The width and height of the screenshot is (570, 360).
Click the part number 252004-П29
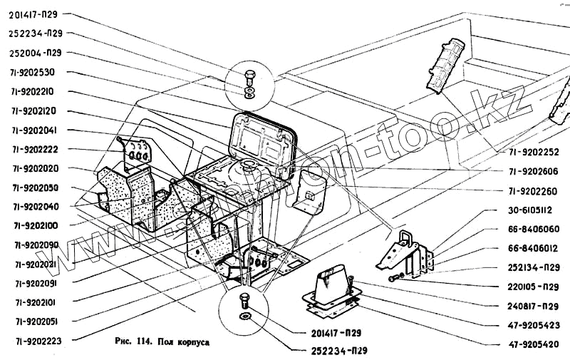[40, 53]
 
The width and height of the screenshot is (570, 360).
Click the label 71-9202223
[38, 341]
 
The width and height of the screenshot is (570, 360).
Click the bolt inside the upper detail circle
[249, 78]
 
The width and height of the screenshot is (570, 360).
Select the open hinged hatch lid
[264, 137]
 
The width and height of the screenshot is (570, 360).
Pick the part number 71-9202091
[38, 283]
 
